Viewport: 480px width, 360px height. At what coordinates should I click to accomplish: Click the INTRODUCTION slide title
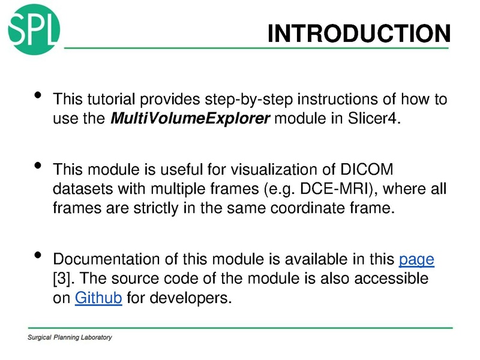click(358, 34)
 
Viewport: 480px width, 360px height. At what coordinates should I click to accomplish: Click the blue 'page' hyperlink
click(416, 260)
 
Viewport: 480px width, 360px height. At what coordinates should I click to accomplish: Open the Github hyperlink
click(98, 298)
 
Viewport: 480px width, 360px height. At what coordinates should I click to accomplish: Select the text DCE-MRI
click(328, 189)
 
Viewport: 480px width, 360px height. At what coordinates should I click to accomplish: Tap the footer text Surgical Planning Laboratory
click(70, 338)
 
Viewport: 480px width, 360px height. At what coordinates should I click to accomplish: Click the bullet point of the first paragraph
click(38, 96)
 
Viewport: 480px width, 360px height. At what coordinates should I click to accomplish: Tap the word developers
click(195, 298)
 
